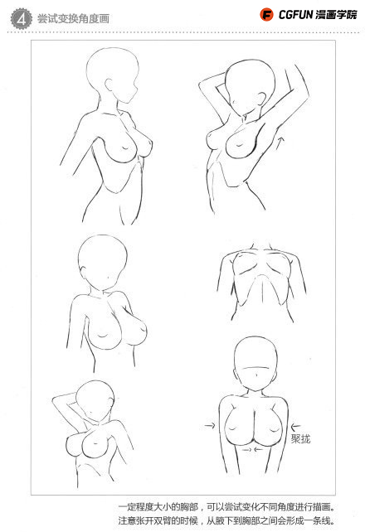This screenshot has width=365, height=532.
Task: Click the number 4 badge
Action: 21,19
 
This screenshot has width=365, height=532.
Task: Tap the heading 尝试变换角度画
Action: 73,19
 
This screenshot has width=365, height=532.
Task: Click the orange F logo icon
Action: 266,15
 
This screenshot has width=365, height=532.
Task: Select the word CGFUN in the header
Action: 295,15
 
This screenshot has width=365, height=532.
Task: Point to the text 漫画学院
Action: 336,15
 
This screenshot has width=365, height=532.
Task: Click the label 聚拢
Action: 300,438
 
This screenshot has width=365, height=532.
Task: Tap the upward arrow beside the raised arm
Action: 280,143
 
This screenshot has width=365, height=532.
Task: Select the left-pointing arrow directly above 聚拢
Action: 296,426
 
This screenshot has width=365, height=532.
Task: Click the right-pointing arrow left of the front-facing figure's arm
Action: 210,425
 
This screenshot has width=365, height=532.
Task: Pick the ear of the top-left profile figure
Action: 109,85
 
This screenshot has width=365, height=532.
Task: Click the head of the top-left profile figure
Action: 113,75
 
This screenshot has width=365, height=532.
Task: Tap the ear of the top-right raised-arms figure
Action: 261,99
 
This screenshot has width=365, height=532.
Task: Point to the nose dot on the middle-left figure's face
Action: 108,278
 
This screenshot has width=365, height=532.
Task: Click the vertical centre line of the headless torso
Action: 262,291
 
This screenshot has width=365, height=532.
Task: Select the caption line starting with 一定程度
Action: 226,507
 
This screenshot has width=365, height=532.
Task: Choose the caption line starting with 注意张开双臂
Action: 226,520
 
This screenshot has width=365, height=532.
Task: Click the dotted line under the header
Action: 183,33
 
